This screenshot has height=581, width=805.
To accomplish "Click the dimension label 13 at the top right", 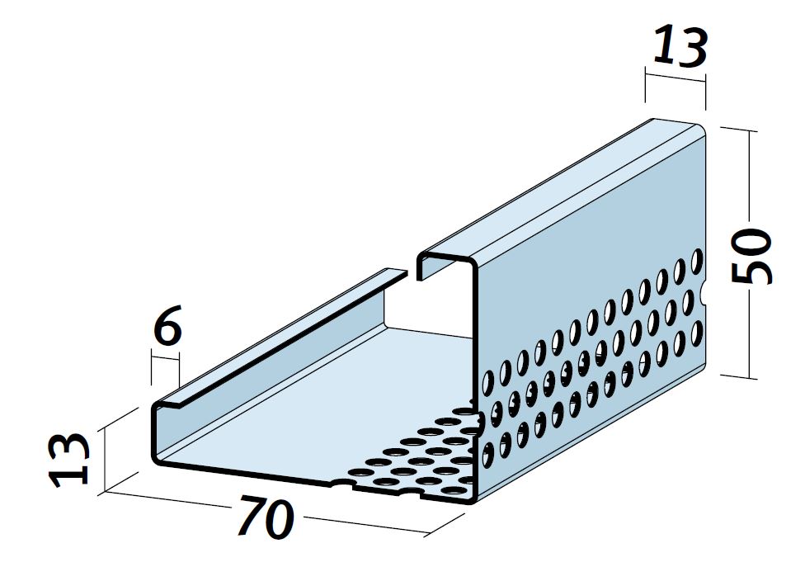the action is point(680,47).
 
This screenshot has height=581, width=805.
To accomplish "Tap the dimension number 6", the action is point(168,324).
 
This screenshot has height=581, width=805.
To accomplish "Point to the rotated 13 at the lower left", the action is point(68,459).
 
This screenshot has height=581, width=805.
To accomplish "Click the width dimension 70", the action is point(266,517).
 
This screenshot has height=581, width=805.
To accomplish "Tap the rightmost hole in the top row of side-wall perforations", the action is point(697,260).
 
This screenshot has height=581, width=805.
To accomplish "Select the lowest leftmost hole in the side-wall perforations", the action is point(488,454).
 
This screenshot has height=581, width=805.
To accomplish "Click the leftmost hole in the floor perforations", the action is point(358,471).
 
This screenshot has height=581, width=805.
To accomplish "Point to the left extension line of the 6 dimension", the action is point(152,366).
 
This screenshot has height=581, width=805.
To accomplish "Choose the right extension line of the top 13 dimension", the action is point(705,92).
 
